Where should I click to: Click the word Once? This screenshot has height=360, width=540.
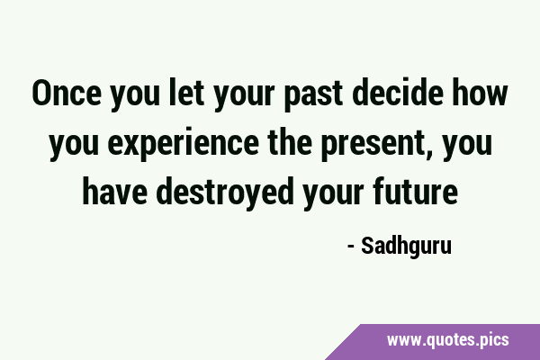pyautogui.click(x=67, y=93)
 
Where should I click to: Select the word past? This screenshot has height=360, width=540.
pyautogui.click(x=313, y=95)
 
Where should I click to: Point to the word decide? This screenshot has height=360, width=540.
pyautogui.click(x=398, y=92)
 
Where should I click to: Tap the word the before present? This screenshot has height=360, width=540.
pyautogui.click(x=290, y=141)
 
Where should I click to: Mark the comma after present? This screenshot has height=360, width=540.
pyautogui.click(x=428, y=154)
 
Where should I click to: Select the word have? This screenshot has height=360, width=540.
pyautogui.click(x=114, y=191)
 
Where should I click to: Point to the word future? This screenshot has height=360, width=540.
pyautogui.click(x=415, y=191)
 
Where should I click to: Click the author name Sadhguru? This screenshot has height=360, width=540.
pyautogui.click(x=407, y=246)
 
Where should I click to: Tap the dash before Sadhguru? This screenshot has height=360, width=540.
pyautogui.click(x=351, y=247)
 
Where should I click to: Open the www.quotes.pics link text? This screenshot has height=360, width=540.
pyautogui.click(x=447, y=340)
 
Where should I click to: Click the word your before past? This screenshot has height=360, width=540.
pyautogui.click(x=244, y=95)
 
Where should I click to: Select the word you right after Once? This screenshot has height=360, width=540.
pyautogui.click(x=135, y=95)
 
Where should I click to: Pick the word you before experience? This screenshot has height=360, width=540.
pyautogui.click(x=74, y=145)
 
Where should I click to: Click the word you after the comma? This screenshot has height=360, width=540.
pyautogui.click(x=467, y=145)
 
